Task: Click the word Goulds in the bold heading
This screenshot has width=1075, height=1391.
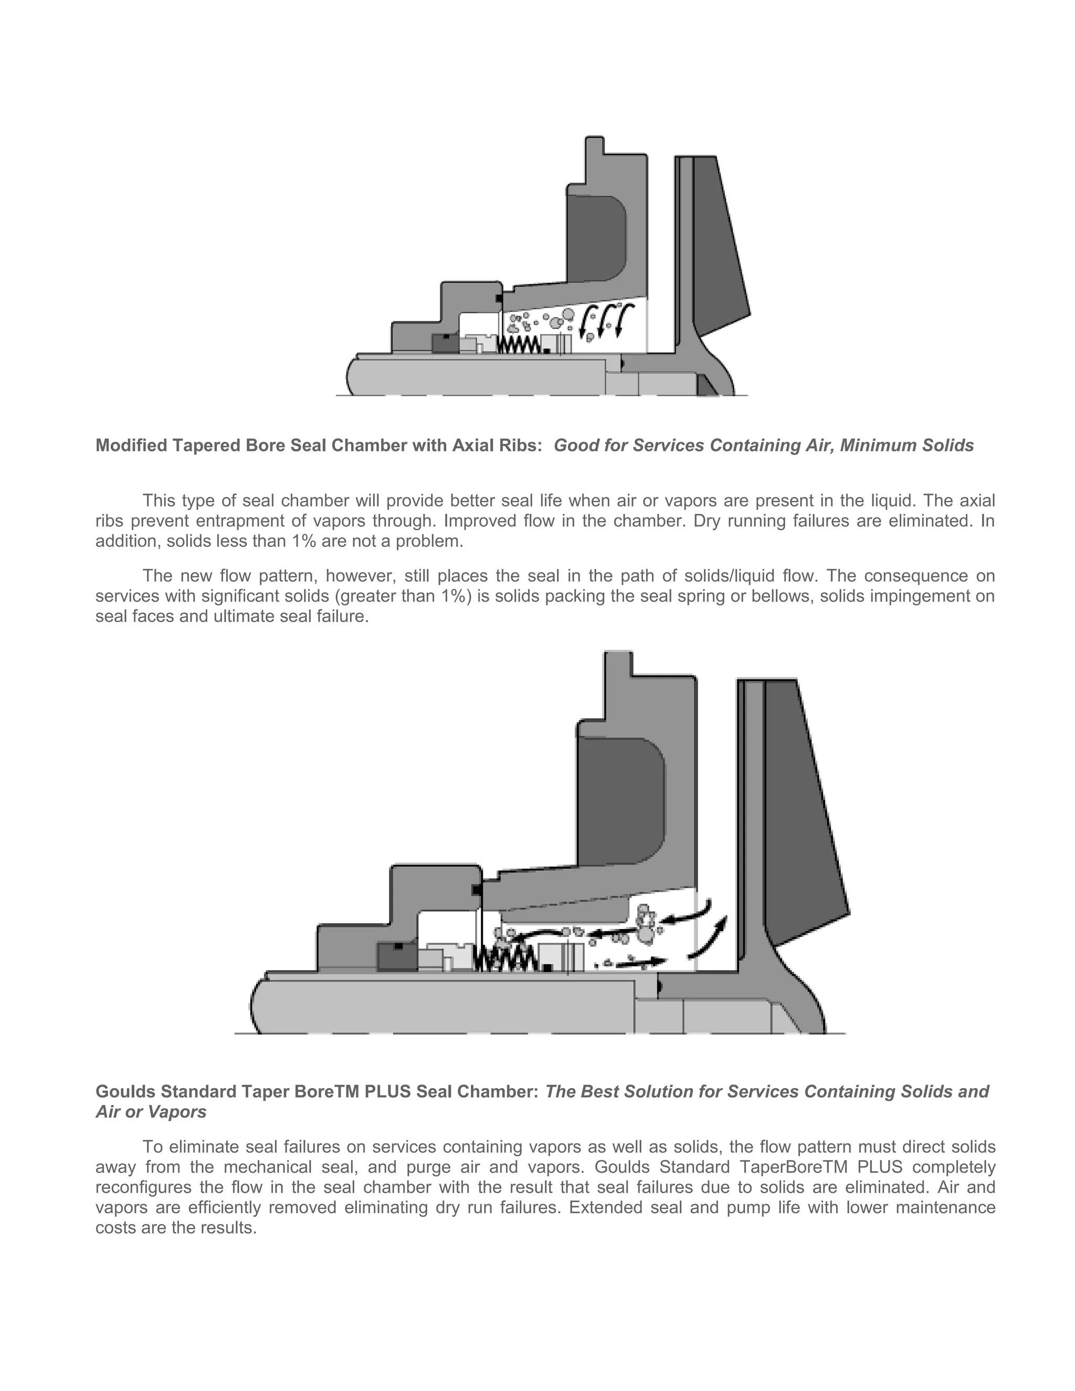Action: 125,1092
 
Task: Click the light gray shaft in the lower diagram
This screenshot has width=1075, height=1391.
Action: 446,1006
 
